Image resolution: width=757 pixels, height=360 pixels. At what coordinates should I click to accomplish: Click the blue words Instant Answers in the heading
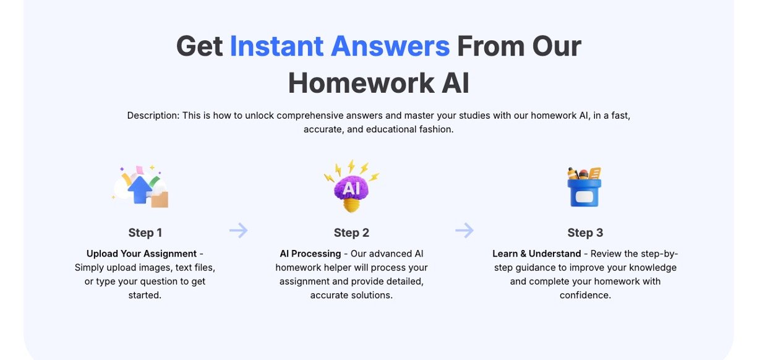point(340,46)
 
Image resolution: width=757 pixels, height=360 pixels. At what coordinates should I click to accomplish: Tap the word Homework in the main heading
point(361,83)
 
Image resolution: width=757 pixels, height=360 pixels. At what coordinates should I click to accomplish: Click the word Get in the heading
point(199,46)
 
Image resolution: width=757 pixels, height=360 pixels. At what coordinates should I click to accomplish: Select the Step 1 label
point(145,233)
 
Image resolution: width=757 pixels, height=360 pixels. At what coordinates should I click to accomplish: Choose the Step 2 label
point(351,233)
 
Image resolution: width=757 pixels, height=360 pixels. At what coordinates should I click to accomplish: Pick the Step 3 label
point(585,233)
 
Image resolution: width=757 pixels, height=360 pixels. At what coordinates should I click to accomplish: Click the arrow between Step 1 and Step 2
point(239,230)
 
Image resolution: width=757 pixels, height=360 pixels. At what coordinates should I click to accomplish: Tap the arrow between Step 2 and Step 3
point(464,230)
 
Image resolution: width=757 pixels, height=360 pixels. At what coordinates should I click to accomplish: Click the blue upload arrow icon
point(139,190)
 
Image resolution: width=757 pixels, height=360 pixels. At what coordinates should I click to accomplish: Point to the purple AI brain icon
point(351,187)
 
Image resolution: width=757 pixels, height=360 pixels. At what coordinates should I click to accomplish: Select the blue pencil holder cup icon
point(584,192)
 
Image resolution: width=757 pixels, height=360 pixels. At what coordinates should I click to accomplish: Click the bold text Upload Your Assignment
point(141,254)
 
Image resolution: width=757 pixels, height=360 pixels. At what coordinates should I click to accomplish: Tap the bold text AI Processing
point(310,254)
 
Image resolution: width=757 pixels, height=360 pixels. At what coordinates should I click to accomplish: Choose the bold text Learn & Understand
point(537,254)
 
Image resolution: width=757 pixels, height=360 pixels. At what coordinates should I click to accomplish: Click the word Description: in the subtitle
point(153,116)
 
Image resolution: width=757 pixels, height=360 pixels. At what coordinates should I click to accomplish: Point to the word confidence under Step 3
point(585,295)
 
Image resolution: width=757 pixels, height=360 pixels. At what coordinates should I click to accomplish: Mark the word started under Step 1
point(145,295)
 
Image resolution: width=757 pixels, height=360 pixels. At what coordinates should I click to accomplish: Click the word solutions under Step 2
point(372,295)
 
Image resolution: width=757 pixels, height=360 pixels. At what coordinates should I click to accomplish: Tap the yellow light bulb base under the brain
point(351,205)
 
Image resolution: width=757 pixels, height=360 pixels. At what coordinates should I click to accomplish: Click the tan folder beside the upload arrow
point(160,199)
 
